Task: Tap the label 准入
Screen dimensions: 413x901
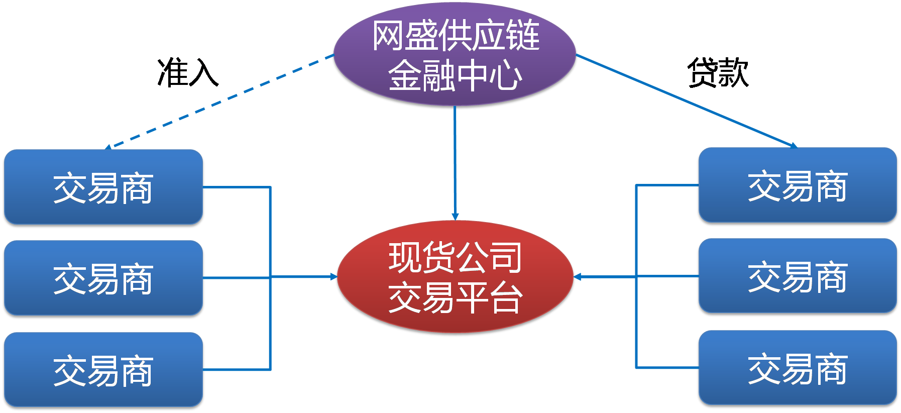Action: click(188, 73)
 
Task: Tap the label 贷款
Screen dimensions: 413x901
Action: click(718, 73)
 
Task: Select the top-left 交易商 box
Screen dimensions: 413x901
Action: click(103, 187)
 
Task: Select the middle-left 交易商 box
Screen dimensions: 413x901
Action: click(103, 278)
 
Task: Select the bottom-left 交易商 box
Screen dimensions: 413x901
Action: click(103, 370)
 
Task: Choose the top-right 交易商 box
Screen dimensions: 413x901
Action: click(798, 185)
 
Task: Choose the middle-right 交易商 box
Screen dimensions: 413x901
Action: click(798, 276)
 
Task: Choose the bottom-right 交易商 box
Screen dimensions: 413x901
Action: click(798, 368)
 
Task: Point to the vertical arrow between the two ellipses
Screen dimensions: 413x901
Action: click(455, 161)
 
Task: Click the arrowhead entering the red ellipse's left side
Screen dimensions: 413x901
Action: click(333, 277)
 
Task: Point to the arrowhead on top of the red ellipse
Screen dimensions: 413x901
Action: click(455, 217)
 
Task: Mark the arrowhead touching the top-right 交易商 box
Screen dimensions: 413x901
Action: click(794, 146)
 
